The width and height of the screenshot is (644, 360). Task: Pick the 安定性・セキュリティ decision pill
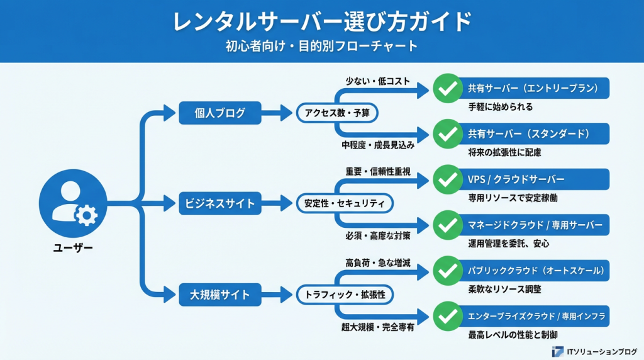[x=344, y=203]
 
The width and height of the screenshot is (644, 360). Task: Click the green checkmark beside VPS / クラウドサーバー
[x=447, y=179]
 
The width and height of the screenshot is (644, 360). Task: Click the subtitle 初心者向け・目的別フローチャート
[x=321, y=47]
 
